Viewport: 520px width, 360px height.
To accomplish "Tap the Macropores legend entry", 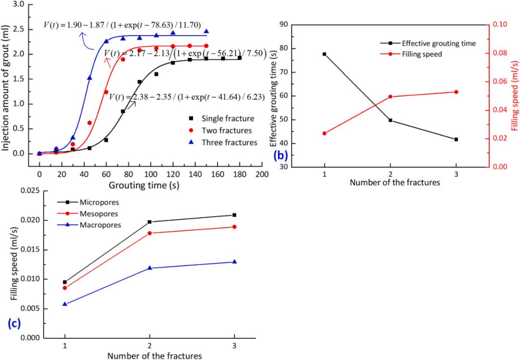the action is (89, 225).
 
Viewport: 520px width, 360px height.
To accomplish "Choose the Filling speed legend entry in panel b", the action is (411, 54).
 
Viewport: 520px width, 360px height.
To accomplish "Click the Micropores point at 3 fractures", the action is (234, 215).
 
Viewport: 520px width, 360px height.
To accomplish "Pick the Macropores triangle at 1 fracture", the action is (65, 304).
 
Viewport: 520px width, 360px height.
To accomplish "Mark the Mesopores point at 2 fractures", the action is (150, 233).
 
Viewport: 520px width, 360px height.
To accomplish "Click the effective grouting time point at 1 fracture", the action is (325, 54).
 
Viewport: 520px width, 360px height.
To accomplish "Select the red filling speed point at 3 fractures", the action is (456, 92).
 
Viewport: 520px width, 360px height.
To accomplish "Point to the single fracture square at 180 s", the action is (239, 58).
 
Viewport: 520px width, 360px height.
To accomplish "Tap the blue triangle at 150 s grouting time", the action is (206, 31).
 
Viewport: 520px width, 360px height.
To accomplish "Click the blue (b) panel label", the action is (280, 155).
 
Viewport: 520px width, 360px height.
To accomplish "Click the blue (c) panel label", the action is (14, 323).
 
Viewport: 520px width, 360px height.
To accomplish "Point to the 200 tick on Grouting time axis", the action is (262, 174).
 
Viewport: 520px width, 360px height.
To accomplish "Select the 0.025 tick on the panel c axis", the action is (30, 191).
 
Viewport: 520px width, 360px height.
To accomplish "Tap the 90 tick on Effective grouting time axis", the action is (284, 25).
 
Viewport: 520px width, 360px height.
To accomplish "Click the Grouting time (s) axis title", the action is (144, 185).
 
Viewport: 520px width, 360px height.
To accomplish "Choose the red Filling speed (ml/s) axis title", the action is (515, 95).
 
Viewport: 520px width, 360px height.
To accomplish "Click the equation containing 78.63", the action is (122, 25).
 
